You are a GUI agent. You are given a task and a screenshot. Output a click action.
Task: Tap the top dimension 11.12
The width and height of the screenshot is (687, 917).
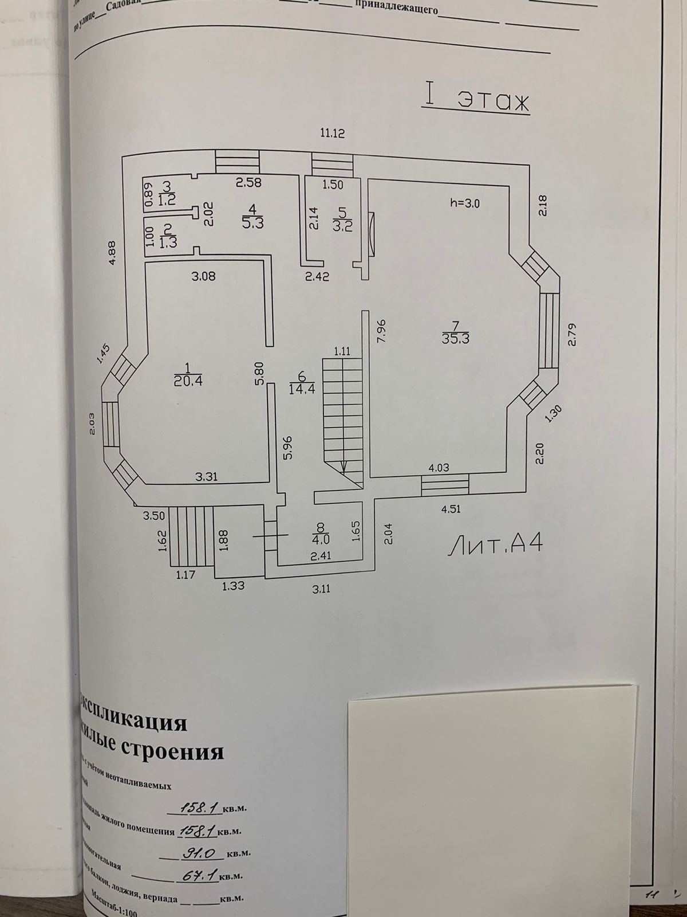pyautogui.click(x=333, y=134)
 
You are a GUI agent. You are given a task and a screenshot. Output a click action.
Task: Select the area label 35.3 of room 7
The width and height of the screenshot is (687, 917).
pyautogui.click(x=456, y=338)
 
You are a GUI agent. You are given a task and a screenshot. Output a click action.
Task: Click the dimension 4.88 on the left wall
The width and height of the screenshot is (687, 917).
pyautogui.click(x=113, y=253)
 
